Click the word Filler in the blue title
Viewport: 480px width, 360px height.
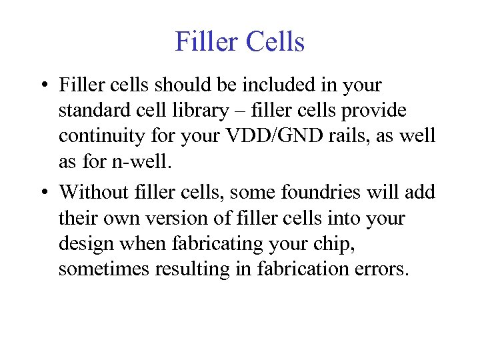click(x=207, y=41)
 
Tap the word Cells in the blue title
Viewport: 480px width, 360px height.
click(x=275, y=41)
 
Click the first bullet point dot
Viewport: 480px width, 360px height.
click(x=43, y=86)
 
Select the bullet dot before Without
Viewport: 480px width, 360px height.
click(x=43, y=193)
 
